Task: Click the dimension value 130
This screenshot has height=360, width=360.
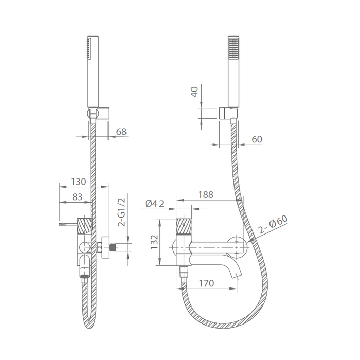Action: click(x=78, y=182)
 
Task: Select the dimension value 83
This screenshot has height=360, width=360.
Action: click(x=77, y=197)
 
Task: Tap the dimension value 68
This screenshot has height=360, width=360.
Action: click(x=121, y=132)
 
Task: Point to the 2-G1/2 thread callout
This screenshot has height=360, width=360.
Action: click(x=122, y=212)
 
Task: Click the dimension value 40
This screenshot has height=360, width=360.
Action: click(x=195, y=92)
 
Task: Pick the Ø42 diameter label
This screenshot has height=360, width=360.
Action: click(x=155, y=204)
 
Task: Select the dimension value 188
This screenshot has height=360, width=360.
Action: click(x=206, y=194)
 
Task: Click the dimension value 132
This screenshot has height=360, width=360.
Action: click(x=154, y=242)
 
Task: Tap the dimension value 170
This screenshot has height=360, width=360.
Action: click(x=206, y=283)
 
